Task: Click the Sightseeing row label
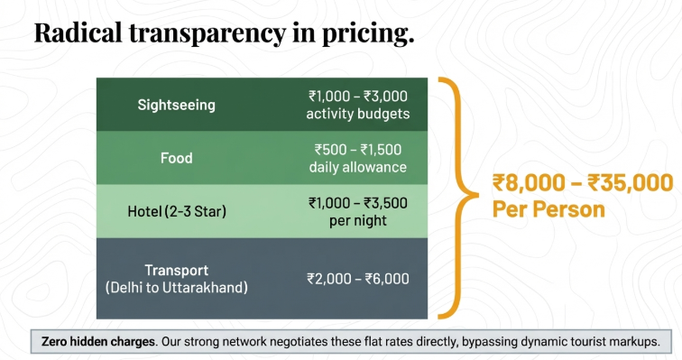tap(177, 105)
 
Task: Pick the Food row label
tap(177, 158)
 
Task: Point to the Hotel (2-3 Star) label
tap(177, 212)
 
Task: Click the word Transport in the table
tap(177, 270)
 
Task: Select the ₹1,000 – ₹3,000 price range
tap(358, 96)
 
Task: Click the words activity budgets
tap(358, 113)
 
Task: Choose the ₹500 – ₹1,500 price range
tap(358, 150)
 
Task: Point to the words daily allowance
tap(358, 167)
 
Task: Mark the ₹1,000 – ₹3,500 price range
tap(358, 203)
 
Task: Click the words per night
tap(358, 220)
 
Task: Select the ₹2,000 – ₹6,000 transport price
tap(358, 279)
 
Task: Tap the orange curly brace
tap(456, 197)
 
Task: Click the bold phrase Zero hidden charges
tap(96, 342)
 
